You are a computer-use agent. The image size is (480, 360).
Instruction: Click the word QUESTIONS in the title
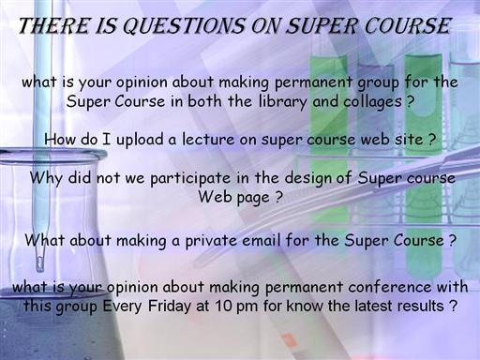pyautogui.click(x=184, y=26)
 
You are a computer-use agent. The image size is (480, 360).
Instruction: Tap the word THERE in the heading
pyautogui.click(x=53, y=25)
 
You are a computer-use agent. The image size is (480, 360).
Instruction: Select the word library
pyautogui.click(x=283, y=102)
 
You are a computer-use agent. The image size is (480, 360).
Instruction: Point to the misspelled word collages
pyautogui.click(x=372, y=102)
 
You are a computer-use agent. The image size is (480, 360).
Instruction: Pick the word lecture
pyautogui.click(x=208, y=139)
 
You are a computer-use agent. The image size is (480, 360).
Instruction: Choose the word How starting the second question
pyautogui.click(x=60, y=139)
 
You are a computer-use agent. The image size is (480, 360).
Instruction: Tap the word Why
pyautogui.click(x=46, y=178)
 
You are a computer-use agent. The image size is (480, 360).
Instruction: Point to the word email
pyautogui.click(x=262, y=240)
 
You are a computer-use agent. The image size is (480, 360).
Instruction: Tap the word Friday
pyautogui.click(x=169, y=306)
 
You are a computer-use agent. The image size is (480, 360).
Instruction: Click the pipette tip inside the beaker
pyautogui.click(x=39, y=265)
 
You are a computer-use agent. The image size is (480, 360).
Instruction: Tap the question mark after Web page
pyautogui.click(x=278, y=197)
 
